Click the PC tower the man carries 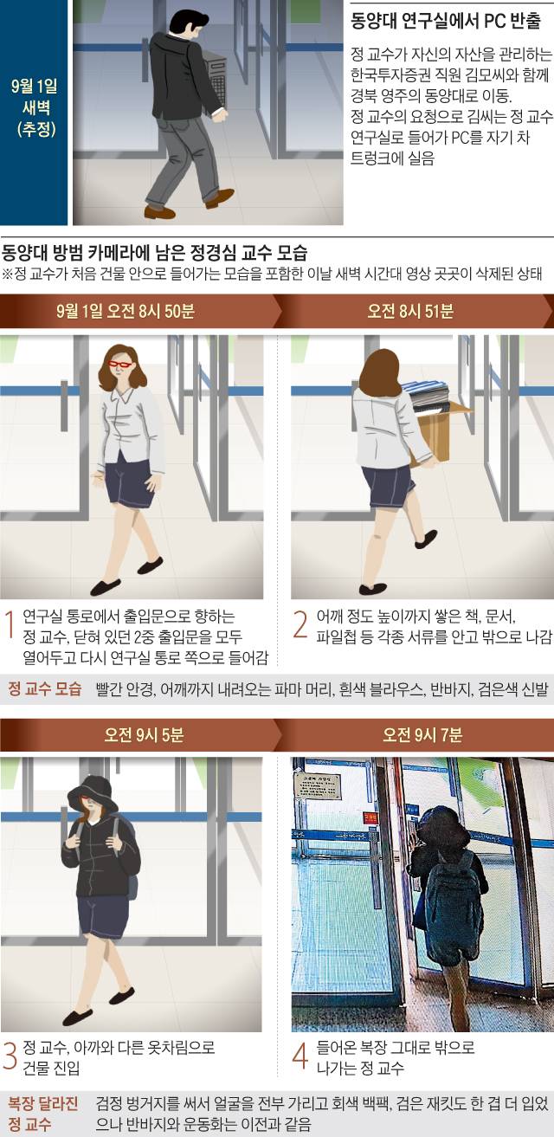[x=215, y=76]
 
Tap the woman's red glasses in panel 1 [x=120, y=364]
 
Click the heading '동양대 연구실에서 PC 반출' [x=446, y=22]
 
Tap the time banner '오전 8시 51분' [x=410, y=311]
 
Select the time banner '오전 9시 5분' [x=144, y=734]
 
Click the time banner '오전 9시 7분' [x=422, y=734]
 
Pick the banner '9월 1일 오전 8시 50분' [x=126, y=311]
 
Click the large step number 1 [x=10, y=624]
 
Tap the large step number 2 [x=300, y=624]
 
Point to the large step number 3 [x=10, y=1056]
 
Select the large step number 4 [x=300, y=1056]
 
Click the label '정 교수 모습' [x=44, y=688]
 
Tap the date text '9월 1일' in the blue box [x=34, y=86]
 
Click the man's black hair [x=188, y=23]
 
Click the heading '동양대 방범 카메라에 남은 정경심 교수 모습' [x=155, y=252]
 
